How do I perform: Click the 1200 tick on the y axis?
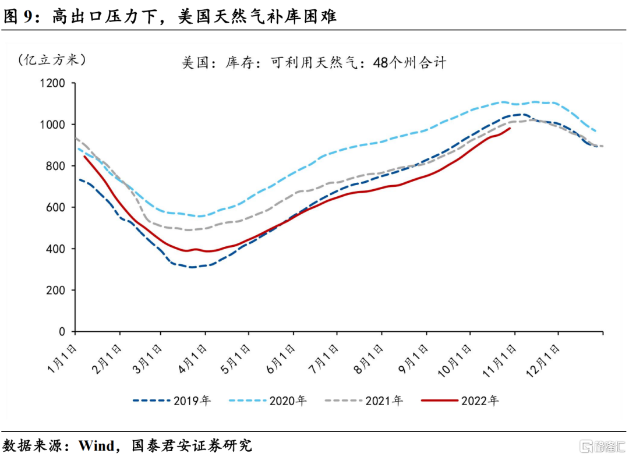pyautogui.click(x=53, y=83)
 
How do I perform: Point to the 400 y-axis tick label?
pyautogui.click(x=56, y=249)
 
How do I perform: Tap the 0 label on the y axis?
pyautogui.click(x=62, y=332)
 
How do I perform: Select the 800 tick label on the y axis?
pyautogui.click(x=56, y=166)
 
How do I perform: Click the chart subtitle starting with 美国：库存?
pyautogui.click(x=314, y=62)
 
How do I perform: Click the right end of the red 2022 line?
pyautogui.click(x=510, y=129)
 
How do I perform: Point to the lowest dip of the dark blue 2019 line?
pyautogui.click(x=192, y=267)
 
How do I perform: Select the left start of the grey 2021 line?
pyautogui.click(x=76, y=139)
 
